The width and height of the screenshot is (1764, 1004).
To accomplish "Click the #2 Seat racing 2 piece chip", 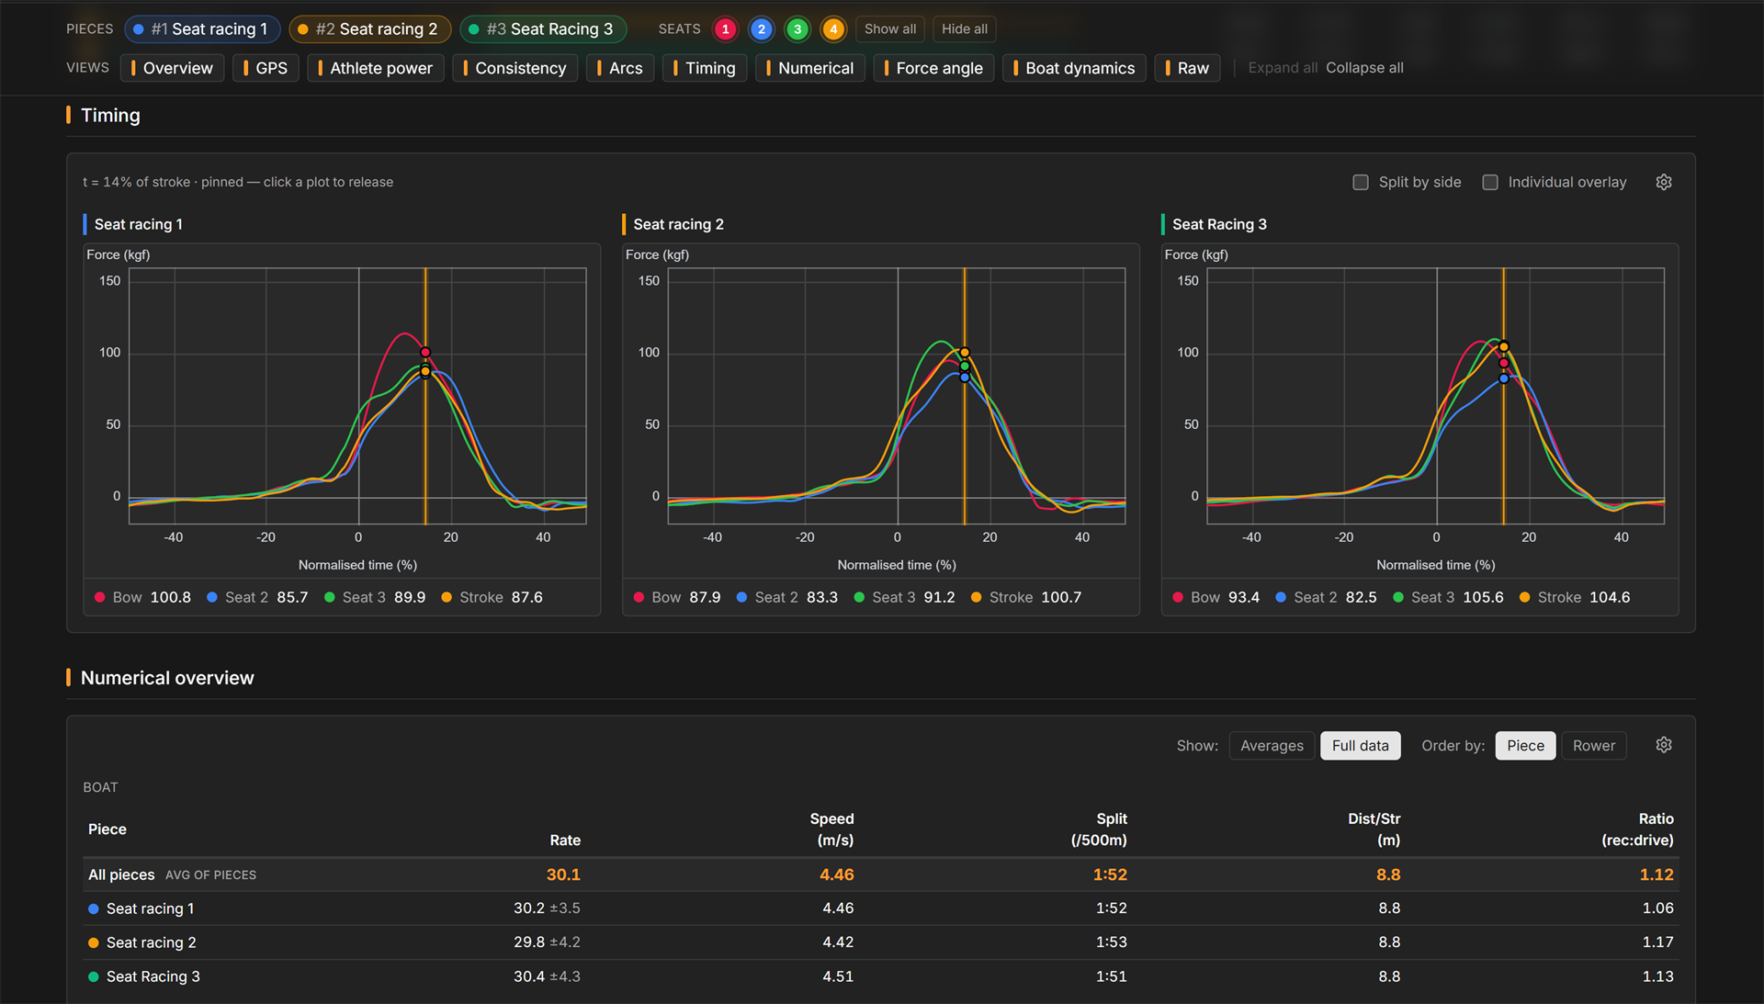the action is click(369, 29).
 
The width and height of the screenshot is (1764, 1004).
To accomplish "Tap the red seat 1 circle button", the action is click(725, 29).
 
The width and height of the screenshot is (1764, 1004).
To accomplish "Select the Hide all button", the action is click(964, 29).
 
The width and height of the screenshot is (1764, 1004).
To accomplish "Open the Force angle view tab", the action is click(933, 68).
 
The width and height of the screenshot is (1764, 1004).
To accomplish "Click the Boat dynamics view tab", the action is click(1074, 68).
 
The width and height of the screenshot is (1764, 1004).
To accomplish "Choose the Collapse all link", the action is click(1364, 68).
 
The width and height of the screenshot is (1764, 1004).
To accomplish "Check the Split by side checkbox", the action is click(1361, 183).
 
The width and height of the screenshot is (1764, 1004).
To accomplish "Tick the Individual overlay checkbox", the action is click(1490, 183).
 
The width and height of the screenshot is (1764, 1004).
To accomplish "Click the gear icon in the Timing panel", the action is click(1664, 182).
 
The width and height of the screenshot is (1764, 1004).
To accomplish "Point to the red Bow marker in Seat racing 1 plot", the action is click(425, 353).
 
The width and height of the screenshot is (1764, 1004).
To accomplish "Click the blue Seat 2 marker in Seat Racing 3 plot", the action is click(1504, 378).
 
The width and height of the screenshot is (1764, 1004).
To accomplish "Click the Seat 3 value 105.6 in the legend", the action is click(1483, 597).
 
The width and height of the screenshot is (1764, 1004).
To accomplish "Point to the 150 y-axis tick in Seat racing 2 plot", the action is click(649, 281).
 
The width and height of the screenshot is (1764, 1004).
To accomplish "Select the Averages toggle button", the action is click(1272, 746).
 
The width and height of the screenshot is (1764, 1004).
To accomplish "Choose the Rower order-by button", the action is click(1593, 746).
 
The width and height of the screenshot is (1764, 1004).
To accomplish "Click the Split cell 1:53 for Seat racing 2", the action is click(1111, 942).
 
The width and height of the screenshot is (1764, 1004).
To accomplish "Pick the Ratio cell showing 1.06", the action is click(1657, 908).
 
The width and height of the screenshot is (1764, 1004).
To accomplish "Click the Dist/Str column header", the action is click(1374, 829).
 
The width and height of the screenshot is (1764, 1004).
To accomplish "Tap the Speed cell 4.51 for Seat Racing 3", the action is click(837, 976).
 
